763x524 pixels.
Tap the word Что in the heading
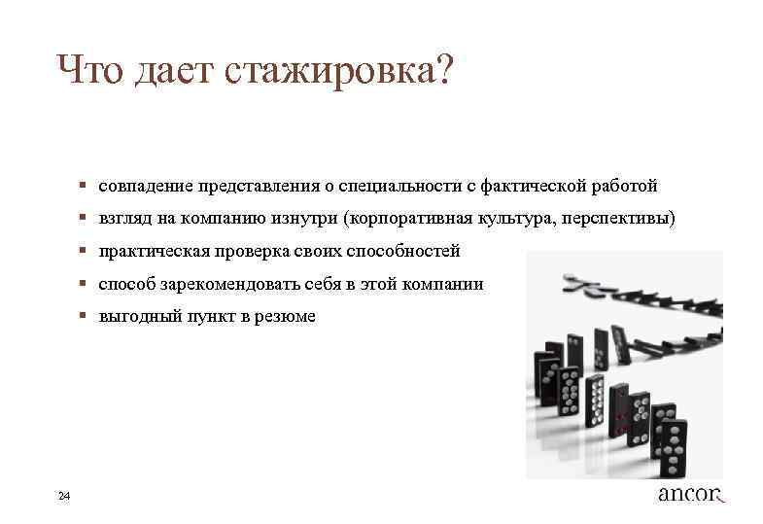[x=93, y=70]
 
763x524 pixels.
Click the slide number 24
[x=64, y=497]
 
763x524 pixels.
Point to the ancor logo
[x=691, y=494]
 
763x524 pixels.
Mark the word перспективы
[x=622, y=218]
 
